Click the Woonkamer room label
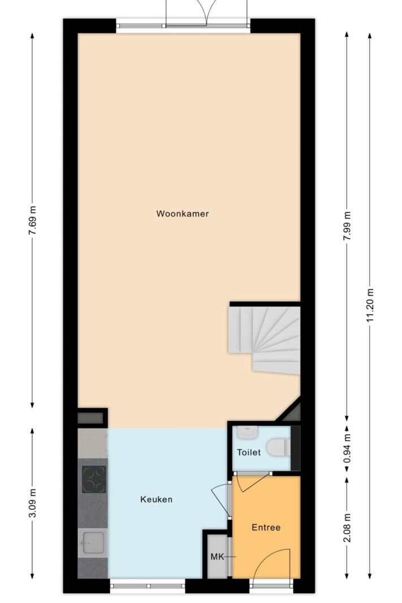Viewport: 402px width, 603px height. point(183,214)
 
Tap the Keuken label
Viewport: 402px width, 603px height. point(156,500)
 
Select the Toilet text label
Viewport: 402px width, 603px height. point(249,452)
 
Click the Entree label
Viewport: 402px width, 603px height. point(266,527)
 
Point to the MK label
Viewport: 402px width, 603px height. point(217,557)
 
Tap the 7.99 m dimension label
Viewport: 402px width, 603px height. point(347,226)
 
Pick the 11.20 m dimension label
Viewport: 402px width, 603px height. point(370,305)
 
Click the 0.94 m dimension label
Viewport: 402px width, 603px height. point(347,448)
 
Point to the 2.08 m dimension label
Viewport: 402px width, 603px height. point(347,528)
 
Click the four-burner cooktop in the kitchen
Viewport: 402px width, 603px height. point(94,479)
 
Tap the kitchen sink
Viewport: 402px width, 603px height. point(92,543)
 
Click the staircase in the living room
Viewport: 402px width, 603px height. point(265,339)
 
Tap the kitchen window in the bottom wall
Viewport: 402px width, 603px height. point(148,586)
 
